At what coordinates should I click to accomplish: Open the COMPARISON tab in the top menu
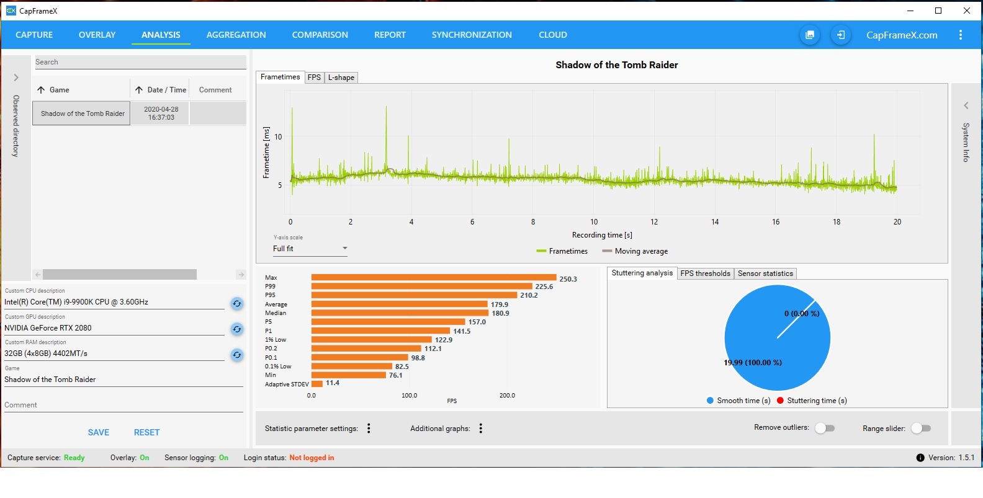320,35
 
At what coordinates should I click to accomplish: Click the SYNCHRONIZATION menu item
472,35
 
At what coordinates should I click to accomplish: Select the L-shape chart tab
341,78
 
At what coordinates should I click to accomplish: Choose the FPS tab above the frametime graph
314,78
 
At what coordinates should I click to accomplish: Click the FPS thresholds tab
705,273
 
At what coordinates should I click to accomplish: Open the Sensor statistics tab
765,273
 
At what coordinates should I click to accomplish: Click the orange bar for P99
421,287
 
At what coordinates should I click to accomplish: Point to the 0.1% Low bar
352,367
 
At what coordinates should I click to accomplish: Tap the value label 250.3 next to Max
568,279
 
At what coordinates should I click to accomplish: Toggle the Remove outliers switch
825,428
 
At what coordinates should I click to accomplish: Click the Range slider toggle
921,428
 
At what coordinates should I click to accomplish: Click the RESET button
146,432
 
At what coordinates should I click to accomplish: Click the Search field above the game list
140,62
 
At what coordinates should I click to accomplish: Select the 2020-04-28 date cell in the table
161,113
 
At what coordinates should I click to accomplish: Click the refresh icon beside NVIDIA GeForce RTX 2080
237,329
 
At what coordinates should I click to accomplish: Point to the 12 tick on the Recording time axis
654,222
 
